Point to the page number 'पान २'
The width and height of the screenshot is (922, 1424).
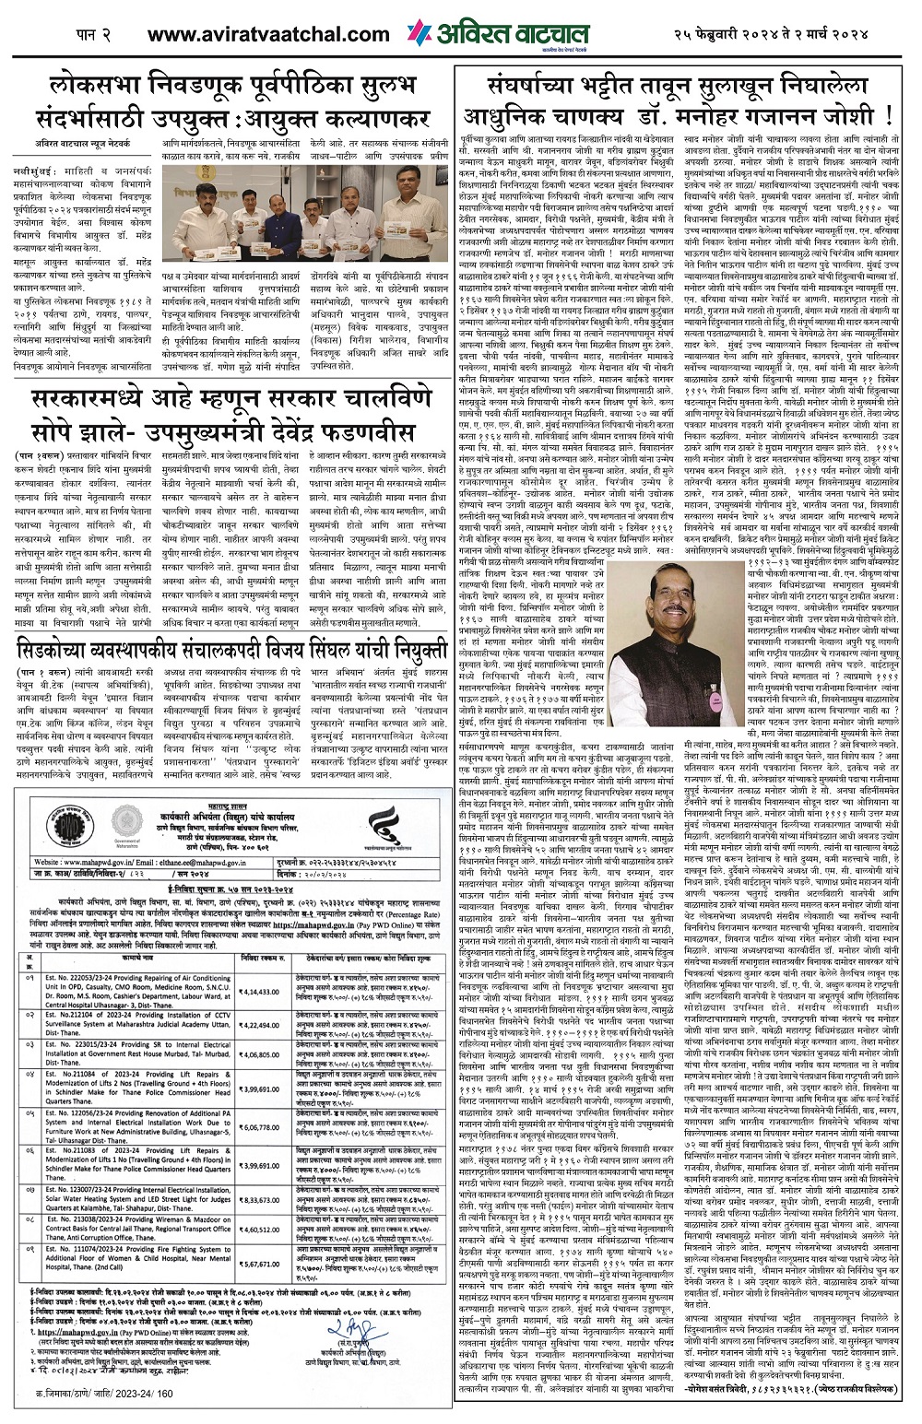[93, 34]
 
